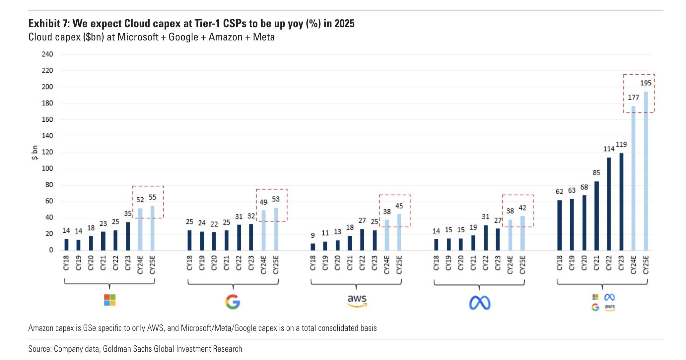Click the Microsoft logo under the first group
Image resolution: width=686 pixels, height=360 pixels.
[109, 300]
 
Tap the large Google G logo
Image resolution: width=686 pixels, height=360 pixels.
[233, 302]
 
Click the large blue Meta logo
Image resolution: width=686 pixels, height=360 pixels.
[480, 303]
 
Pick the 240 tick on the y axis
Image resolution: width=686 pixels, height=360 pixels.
[47, 54]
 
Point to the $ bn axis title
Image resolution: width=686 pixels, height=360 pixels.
[34, 153]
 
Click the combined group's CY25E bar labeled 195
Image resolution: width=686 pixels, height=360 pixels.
[646, 171]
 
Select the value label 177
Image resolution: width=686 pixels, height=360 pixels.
[633, 97]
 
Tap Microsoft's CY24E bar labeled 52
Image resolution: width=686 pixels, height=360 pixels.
[140, 229]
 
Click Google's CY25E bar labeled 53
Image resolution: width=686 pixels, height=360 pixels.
[276, 229]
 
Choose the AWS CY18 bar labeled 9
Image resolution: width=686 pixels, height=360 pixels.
[313, 247]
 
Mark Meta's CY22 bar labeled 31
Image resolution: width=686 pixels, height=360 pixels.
[486, 238]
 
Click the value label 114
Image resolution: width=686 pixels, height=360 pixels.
[608, 149]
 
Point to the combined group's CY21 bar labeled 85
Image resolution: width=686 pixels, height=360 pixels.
[596, 216]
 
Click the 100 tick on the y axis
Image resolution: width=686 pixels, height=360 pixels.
[47, 168]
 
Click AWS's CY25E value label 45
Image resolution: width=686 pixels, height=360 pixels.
[399, 206]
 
